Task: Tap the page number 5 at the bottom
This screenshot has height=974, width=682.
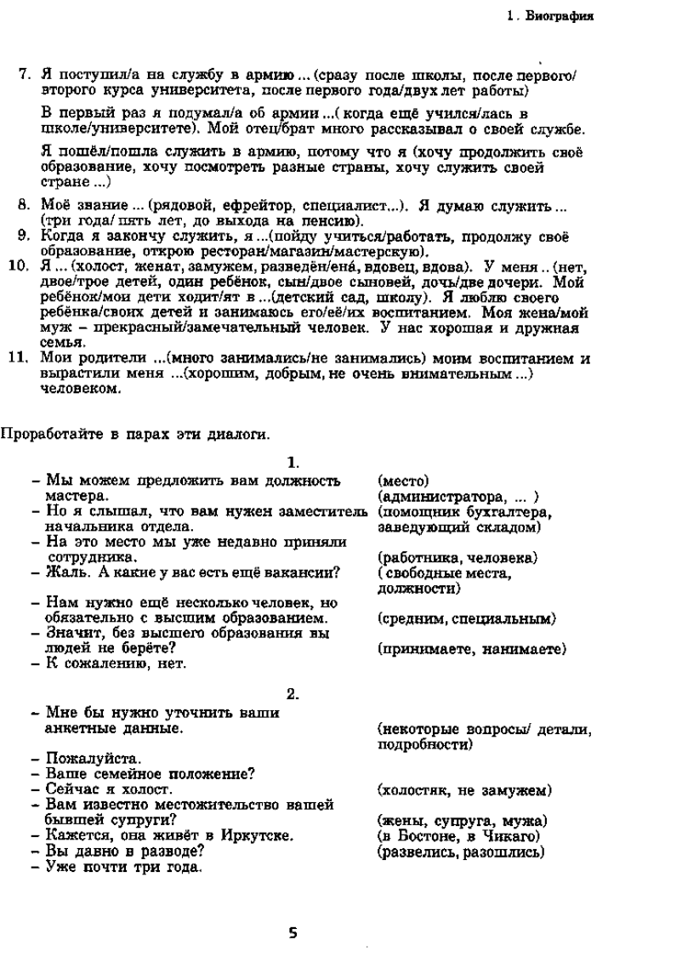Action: (x=293, y=932)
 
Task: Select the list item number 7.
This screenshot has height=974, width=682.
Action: (x=25, y=75)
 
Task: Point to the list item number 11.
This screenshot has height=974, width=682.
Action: (x=20, y=358)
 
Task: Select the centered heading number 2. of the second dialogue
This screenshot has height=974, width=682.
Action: (x=293, y=693)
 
